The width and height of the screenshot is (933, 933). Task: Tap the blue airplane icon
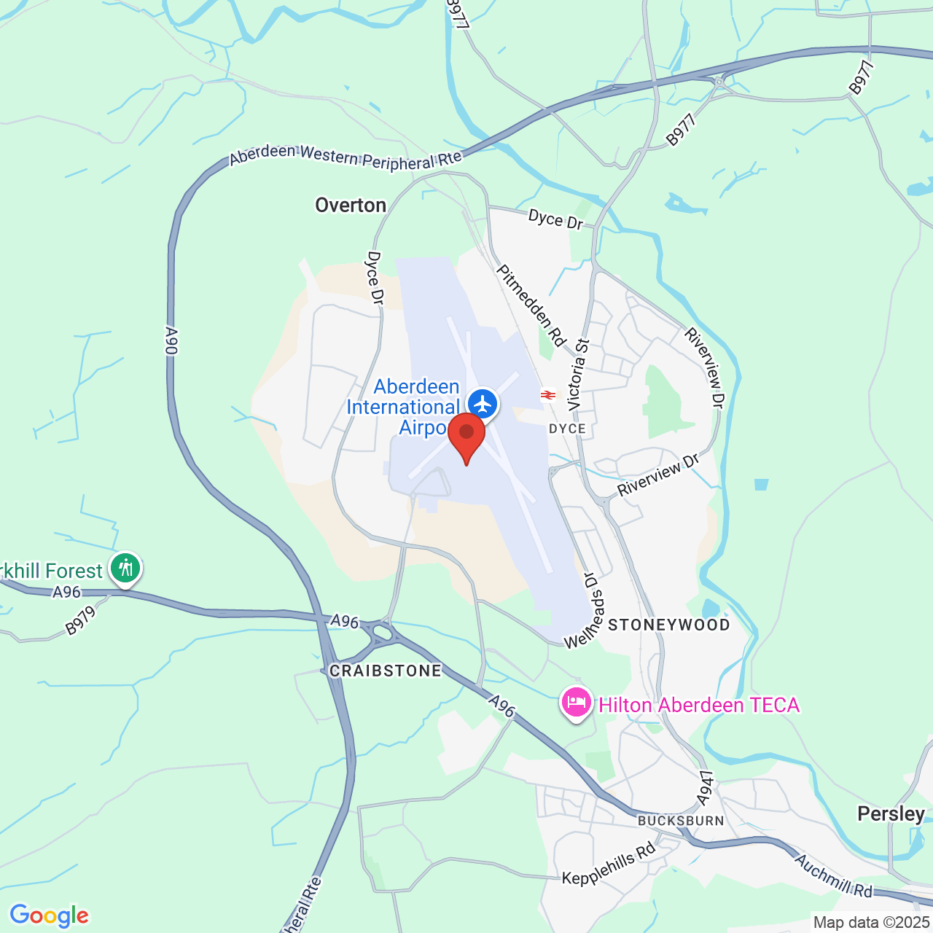482,403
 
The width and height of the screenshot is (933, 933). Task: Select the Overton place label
351,206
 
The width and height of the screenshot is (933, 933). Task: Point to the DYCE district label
567,429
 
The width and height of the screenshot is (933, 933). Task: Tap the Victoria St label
577,374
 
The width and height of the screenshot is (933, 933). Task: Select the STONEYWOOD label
669,625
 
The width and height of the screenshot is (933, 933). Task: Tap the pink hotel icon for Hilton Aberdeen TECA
576,703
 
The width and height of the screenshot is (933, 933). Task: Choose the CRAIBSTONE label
386,671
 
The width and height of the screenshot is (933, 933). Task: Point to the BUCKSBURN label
681,821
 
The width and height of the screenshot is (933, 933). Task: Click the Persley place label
891,813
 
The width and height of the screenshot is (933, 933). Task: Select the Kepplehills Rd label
609,864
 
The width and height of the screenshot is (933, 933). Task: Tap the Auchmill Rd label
833,876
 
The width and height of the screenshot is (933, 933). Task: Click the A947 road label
704,788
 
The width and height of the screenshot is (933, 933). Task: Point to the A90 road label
171,341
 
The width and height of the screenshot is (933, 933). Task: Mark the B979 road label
81,620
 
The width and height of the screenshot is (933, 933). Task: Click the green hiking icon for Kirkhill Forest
126,567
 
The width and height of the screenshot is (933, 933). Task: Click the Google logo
50,916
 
